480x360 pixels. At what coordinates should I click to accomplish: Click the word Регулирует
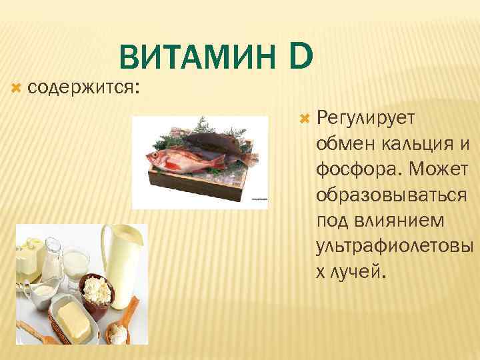click(366, 118)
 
